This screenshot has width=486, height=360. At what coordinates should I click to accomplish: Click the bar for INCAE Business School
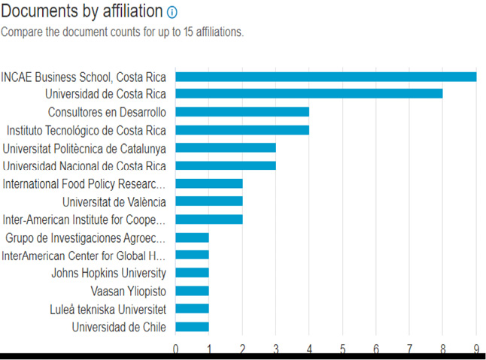click(x=326, y=76)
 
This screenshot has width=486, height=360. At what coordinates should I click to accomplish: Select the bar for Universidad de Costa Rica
click(x=308, y=94)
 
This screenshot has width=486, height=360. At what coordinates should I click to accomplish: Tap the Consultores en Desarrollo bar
click(x=242, y=112)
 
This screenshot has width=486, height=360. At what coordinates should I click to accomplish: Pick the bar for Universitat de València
click(x=208, y=201)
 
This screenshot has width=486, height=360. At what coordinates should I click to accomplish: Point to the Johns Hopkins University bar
click(x=192, y=273)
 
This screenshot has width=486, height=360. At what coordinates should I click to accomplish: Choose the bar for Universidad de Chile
click(x=192, y=327)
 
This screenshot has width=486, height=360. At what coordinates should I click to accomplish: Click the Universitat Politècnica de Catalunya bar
click(x=226, y=148)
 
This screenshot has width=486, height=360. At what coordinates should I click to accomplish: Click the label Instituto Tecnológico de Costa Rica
click(x=87, y=130)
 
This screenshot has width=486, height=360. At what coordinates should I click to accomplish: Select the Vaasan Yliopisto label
click(x=123, y=291)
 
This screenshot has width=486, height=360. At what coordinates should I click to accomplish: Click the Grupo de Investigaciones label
click(x=86, y=237)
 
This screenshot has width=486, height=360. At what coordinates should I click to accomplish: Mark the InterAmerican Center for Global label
click(x=84, y=256)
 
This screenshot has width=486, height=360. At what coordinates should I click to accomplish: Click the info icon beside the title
click(x=172, y=12)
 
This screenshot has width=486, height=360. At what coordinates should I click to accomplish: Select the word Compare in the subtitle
click(x=23, y=32)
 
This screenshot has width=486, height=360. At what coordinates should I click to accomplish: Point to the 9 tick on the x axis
click(x=475, y=348)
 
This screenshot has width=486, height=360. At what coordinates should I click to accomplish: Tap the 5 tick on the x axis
click(x=342, y=348)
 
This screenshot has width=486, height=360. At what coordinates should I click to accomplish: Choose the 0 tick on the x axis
click(x=175, y=348)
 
